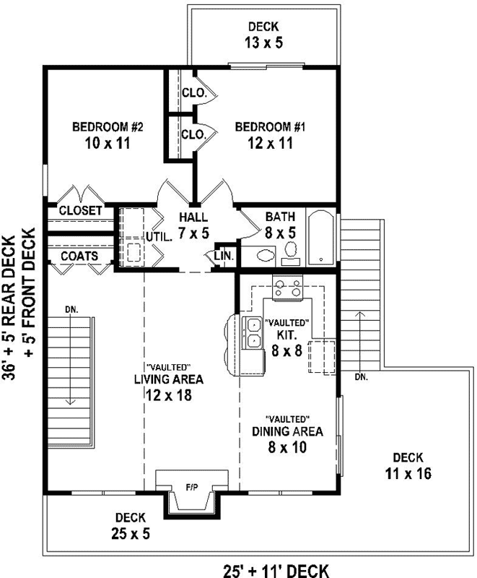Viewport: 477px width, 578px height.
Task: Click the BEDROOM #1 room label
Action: pyautogui.click(x=271, y=135)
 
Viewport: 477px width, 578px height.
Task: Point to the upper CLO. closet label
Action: pyautogui.click(x=191, y=92)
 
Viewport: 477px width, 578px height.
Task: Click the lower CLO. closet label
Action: pyautogui.click(x=191, y=134)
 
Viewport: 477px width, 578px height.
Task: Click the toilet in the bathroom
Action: pyautogui.click(x=264, y=255)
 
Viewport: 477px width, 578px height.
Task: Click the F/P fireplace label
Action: pyautogui.click(x=192, y=488)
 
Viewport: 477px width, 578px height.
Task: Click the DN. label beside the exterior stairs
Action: pyautogui.click(x=362, y=376)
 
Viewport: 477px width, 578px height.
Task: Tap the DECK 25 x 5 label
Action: pyautogui.click(x=130, y=525)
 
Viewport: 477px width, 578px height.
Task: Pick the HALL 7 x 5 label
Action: pyautogui.click(x=193, y=225)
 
